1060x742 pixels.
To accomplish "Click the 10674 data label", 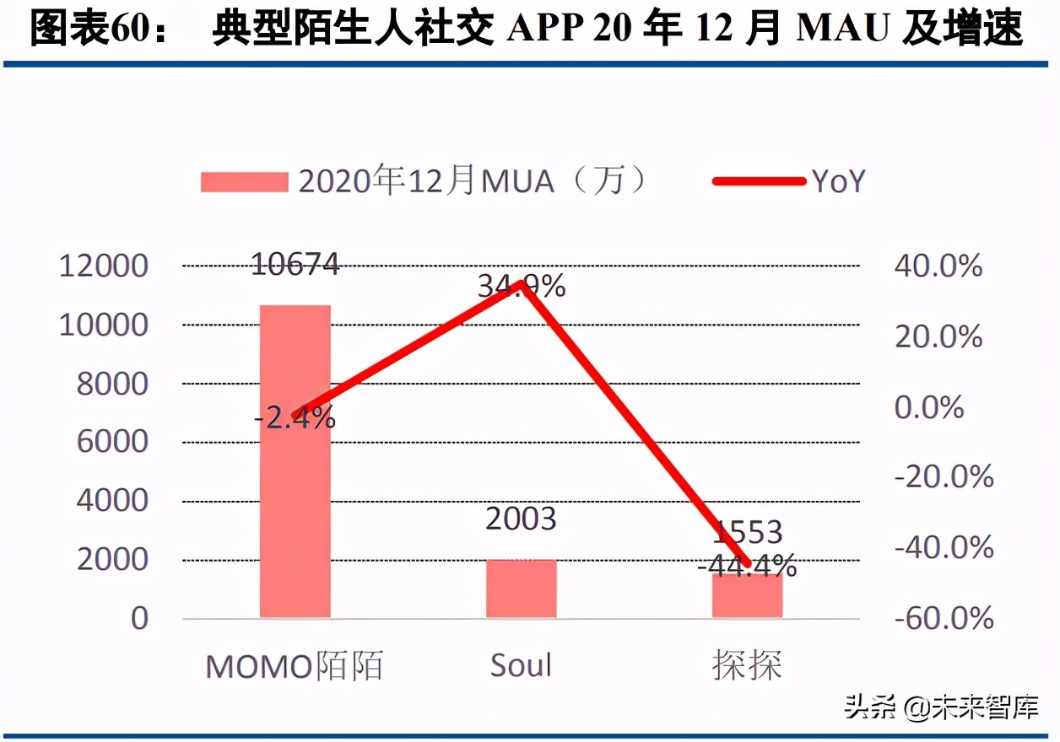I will tap(295, 264).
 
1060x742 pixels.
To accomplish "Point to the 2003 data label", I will tap(521, 519).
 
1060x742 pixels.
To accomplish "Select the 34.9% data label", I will tap(521, 288).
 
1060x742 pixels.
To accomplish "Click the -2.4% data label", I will tap(295, 417).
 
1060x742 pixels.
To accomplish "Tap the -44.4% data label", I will tap(747, 564).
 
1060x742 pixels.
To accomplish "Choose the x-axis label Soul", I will tap(521, 665).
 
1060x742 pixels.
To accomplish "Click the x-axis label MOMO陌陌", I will tap(295, 666).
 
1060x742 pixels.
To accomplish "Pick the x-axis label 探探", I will tap(747, 666).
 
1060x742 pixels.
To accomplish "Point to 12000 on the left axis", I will tap(103, 267).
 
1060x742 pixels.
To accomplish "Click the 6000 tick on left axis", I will tap(112, 443).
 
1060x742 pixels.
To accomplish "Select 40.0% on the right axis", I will tap(938, 267).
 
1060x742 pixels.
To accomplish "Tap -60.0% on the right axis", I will tap(943, 619).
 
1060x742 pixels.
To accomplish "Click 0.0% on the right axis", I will tap(928, 408).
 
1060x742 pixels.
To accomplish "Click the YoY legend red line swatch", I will tap(759, 180).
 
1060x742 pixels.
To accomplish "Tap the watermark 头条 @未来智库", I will tap(941, 707).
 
